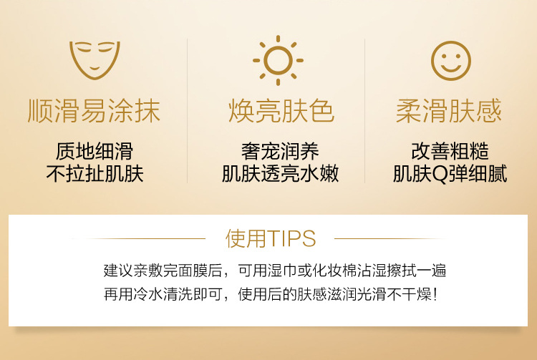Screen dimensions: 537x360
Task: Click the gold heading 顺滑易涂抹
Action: tap(94, 111)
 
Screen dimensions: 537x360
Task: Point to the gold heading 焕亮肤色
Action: tap(281, 111)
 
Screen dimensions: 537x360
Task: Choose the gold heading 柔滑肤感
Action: tap(449, 111)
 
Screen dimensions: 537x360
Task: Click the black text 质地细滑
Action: tap(95, 151)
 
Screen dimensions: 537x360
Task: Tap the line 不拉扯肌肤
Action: tap(95, 174)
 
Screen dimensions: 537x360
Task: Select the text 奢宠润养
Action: tap(280, 151)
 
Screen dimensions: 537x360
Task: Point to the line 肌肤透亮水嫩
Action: tap(280, 174)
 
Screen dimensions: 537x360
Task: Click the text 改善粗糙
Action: tap(450, 151)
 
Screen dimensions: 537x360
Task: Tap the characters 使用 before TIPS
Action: tap(246, 238)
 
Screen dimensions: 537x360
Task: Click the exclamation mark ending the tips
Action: tap(435, 294)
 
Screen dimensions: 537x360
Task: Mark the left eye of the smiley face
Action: tap(444, 56)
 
